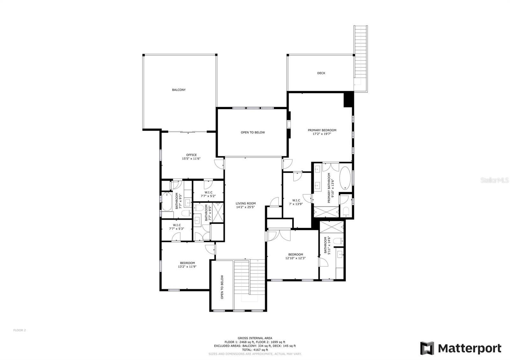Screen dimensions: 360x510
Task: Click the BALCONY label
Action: coord(179,90)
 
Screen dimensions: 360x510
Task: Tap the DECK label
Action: coord(321,73)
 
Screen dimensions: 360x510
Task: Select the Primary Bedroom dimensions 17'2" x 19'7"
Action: coord(322,134)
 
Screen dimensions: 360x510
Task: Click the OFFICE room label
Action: coord(191,155)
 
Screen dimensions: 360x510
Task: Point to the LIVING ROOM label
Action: coord(245,204)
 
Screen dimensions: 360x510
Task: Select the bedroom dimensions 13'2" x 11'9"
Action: coord(187,267)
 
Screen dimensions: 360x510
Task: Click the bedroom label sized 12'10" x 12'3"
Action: coord(295,255)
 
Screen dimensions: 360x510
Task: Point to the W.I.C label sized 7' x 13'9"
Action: coord(296,200)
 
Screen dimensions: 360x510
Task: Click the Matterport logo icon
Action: coord(427,348)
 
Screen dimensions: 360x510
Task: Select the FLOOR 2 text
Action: coord(19,330)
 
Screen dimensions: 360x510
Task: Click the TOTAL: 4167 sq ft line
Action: coord(255,350)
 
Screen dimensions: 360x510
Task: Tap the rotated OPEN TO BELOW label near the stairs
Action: coord(222,287)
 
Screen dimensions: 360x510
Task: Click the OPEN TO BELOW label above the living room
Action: coord(252,133)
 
